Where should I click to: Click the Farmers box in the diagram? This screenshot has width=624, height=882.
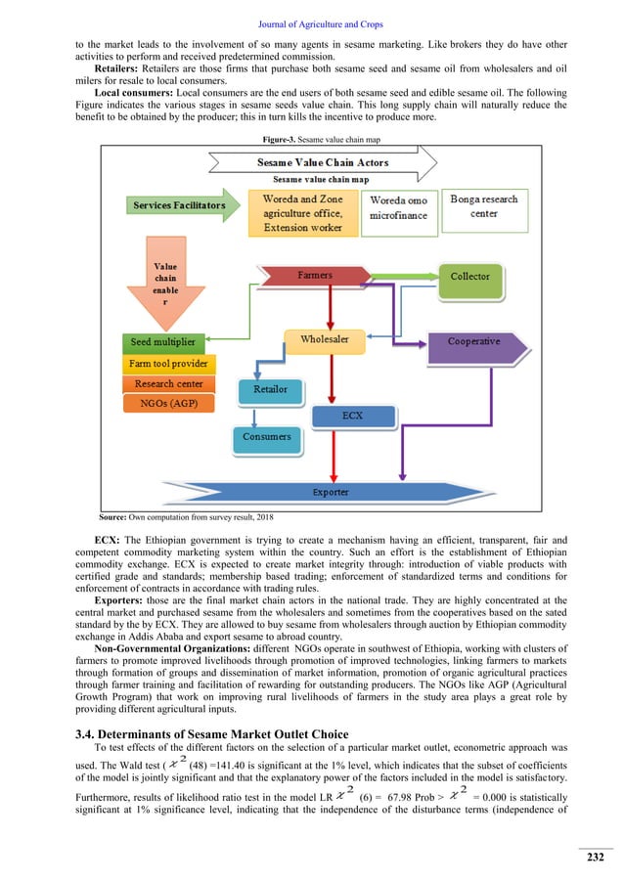315,276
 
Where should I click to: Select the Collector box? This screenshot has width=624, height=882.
469,277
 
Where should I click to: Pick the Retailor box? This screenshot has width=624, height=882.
271,389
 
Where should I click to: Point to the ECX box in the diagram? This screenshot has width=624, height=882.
352,416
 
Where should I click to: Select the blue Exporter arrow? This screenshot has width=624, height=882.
330,491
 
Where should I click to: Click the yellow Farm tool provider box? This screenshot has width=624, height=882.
168,364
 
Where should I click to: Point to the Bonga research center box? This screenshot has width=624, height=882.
484,206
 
